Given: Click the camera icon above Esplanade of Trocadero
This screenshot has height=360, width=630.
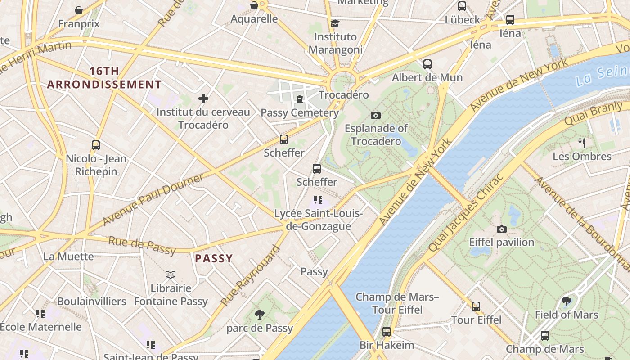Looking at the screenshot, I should click(376, 116).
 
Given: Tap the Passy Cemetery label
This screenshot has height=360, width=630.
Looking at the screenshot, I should click(300, 112).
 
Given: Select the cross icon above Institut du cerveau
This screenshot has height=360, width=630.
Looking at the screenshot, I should click(203, 99).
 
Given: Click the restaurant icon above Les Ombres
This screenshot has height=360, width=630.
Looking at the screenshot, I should click(582, 144).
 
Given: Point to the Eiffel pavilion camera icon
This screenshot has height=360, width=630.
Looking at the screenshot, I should click(502, 229).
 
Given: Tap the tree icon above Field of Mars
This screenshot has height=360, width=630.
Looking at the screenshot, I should click(567, 301).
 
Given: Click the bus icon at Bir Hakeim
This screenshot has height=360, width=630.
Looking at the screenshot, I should click(387, 332).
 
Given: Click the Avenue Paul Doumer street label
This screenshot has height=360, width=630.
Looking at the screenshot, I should click(153, 199).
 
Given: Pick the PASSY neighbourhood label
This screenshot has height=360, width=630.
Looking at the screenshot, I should click(214, 258).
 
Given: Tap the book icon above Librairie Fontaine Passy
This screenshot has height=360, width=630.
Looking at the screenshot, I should click(171, 274).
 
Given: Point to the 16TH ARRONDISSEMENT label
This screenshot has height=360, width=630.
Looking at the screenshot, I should click(104, 78).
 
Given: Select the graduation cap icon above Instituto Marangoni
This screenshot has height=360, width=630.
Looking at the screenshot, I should click(335, 23).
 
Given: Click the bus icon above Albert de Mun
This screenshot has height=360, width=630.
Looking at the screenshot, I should click(427, 64).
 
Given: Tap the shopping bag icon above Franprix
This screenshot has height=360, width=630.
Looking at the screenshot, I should click(79, 10).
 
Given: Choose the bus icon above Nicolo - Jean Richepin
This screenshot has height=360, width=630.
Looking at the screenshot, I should click(96, 145).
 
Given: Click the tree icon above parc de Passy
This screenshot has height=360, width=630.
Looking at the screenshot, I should click(259, 315).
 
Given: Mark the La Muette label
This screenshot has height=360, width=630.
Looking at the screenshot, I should click(68, 256).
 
